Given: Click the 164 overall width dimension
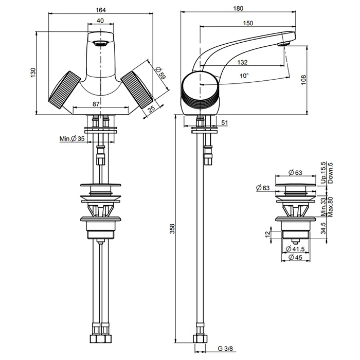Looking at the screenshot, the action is (101, 10).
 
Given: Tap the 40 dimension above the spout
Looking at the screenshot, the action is (100, 21).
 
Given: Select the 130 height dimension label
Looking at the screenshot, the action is (33, 73).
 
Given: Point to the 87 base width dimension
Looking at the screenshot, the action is (96, 104).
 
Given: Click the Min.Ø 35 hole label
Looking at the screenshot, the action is (72, 139).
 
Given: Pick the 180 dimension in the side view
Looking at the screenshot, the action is (238, 9).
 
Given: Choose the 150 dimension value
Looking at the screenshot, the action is (248, 23).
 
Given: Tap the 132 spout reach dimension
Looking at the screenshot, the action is (242, 62).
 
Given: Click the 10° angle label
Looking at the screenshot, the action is (244, 76).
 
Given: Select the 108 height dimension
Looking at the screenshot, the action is (303, 80).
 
